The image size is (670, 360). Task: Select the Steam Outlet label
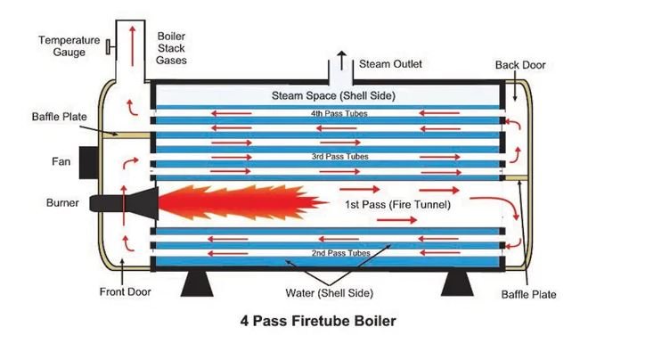point(390,64)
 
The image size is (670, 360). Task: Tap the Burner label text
point(62,202)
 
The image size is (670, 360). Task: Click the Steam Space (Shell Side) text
point(332,94)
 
